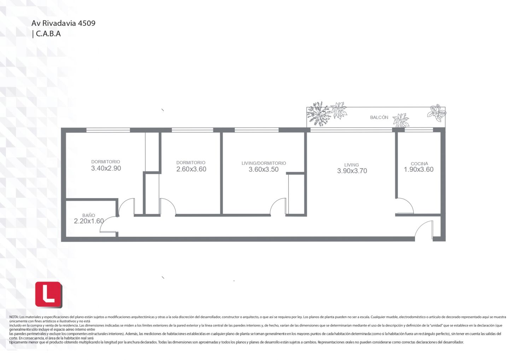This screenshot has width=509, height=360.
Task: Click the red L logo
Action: pyautogui.click(x=49, y=295)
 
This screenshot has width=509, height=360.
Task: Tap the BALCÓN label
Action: pyautogui.click(x=379, y=117)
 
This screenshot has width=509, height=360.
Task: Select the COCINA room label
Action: pyautogui.click(x=419, y=164)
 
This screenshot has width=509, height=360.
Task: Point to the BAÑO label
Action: pyautogui.click(x=89, y=215)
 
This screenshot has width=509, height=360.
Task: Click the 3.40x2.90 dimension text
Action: pyautogui.click(x=106, y=168)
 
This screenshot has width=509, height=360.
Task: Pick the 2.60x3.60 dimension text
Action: pyautogui.click(x=191, y=169)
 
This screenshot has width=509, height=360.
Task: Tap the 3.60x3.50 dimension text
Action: pyautogui.click(x=264, y=170)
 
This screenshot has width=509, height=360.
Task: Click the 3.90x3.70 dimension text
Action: pyautogui.click(x=352, y=171)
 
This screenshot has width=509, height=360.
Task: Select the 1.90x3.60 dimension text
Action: pyautogui.click(x=419, y=170)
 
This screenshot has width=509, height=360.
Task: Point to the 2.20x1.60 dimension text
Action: pyautogui.click(x=89, y=221)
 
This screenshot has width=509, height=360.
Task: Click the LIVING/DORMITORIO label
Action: pyautogui.click(x=264, y=163)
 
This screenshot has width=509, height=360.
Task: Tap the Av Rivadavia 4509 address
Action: pyautogui.click(x=63, y=23)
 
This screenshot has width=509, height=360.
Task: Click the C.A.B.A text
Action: pyautogui.click(x=48, y=34)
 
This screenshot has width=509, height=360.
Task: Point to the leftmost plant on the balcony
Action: pyautogui.click(x=318, y=114)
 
